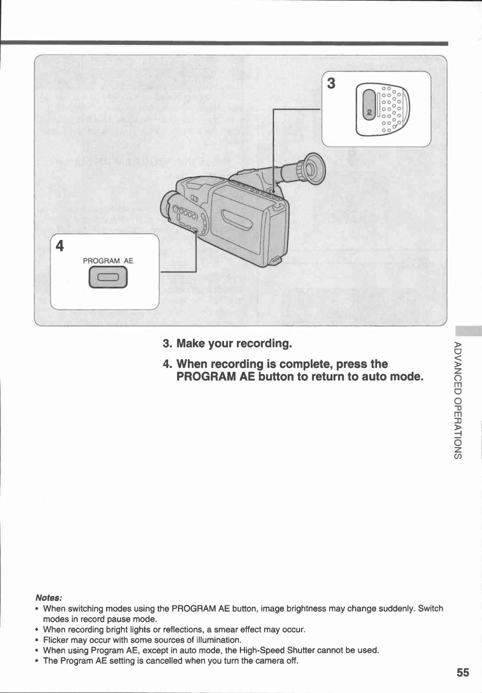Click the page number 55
point(463,672)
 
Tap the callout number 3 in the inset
point(331,84)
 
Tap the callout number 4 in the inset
point(60,247)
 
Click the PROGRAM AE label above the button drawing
point(108,261)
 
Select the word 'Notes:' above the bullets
point(49,598)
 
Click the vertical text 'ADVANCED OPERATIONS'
point(457,400)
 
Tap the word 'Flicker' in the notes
point(56,640)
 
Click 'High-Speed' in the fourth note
point(262,650)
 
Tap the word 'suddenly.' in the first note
point(399,609)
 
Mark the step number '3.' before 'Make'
point(167,344)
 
